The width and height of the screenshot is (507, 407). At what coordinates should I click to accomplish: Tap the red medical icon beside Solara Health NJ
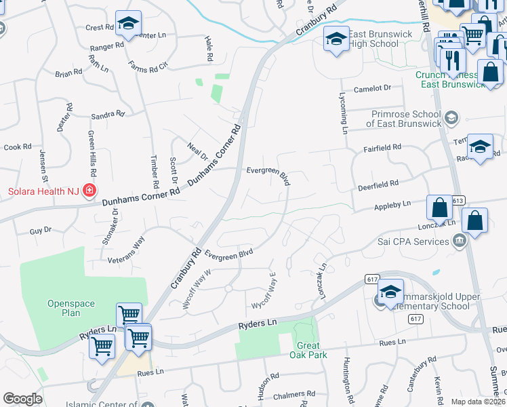coord(89,191)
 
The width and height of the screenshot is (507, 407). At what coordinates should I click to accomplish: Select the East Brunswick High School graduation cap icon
coord(336,39)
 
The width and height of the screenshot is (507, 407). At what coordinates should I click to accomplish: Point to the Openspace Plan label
coord(71,308)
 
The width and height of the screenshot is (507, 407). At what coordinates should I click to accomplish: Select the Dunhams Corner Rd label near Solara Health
coord(141,197)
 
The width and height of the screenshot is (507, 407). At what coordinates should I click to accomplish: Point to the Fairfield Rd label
coord(382,147)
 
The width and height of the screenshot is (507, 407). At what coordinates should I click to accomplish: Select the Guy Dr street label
coord(40,231)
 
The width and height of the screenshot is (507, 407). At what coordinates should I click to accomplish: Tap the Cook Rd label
coord(18,147)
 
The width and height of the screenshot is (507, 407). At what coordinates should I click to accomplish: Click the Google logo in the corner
coord(22,399)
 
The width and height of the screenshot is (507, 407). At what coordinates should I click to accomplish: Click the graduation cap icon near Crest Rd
coord(127,24)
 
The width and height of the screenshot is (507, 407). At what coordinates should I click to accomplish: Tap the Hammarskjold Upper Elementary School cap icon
coord(390,292)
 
